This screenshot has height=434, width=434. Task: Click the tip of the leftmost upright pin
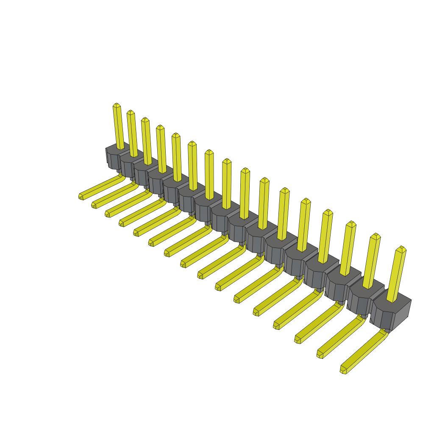tap(117, 105)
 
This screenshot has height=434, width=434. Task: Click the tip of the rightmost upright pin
tap(401, 248)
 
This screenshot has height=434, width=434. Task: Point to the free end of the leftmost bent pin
tap(81, 196)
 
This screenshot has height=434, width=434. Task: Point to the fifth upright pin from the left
tap(177, 157)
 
